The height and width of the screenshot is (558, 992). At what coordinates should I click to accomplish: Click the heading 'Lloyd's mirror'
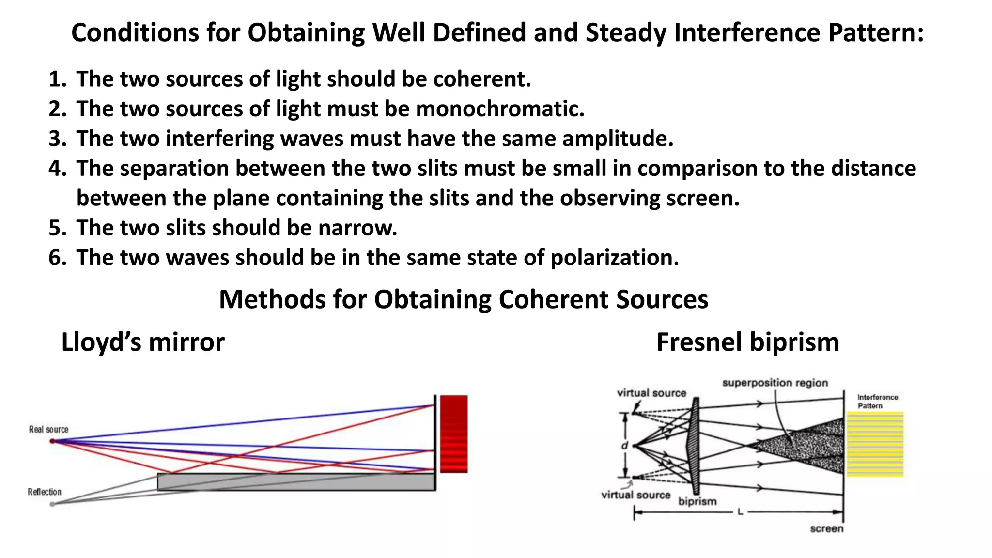(x=143, y=342)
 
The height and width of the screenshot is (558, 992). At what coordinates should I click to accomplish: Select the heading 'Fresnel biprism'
(x=747, y=342)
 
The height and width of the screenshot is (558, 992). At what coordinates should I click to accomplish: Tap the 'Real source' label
(x=48, y=429)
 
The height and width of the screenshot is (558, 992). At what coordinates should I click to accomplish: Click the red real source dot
(x=52, y=441)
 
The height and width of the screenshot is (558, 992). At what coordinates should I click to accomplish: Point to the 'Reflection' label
(x=45, y=492)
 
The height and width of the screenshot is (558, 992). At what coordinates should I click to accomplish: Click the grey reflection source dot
(x=52, y=504)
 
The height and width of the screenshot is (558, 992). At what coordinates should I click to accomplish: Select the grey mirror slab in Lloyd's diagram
(x=295, y=482)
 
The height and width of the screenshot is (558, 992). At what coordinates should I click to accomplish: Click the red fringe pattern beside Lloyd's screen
(x=454, y=434)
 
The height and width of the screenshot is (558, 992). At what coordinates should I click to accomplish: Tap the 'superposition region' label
(x=775, y=383)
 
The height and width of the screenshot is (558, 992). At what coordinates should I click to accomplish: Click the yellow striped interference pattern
(x=875, y=444)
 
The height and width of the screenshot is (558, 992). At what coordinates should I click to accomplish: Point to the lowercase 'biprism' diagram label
(x=697, y=501)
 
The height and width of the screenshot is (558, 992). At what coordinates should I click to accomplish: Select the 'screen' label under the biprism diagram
(x=826, y=528)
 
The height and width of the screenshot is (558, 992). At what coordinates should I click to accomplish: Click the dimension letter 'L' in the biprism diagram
(x=740, y=511)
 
